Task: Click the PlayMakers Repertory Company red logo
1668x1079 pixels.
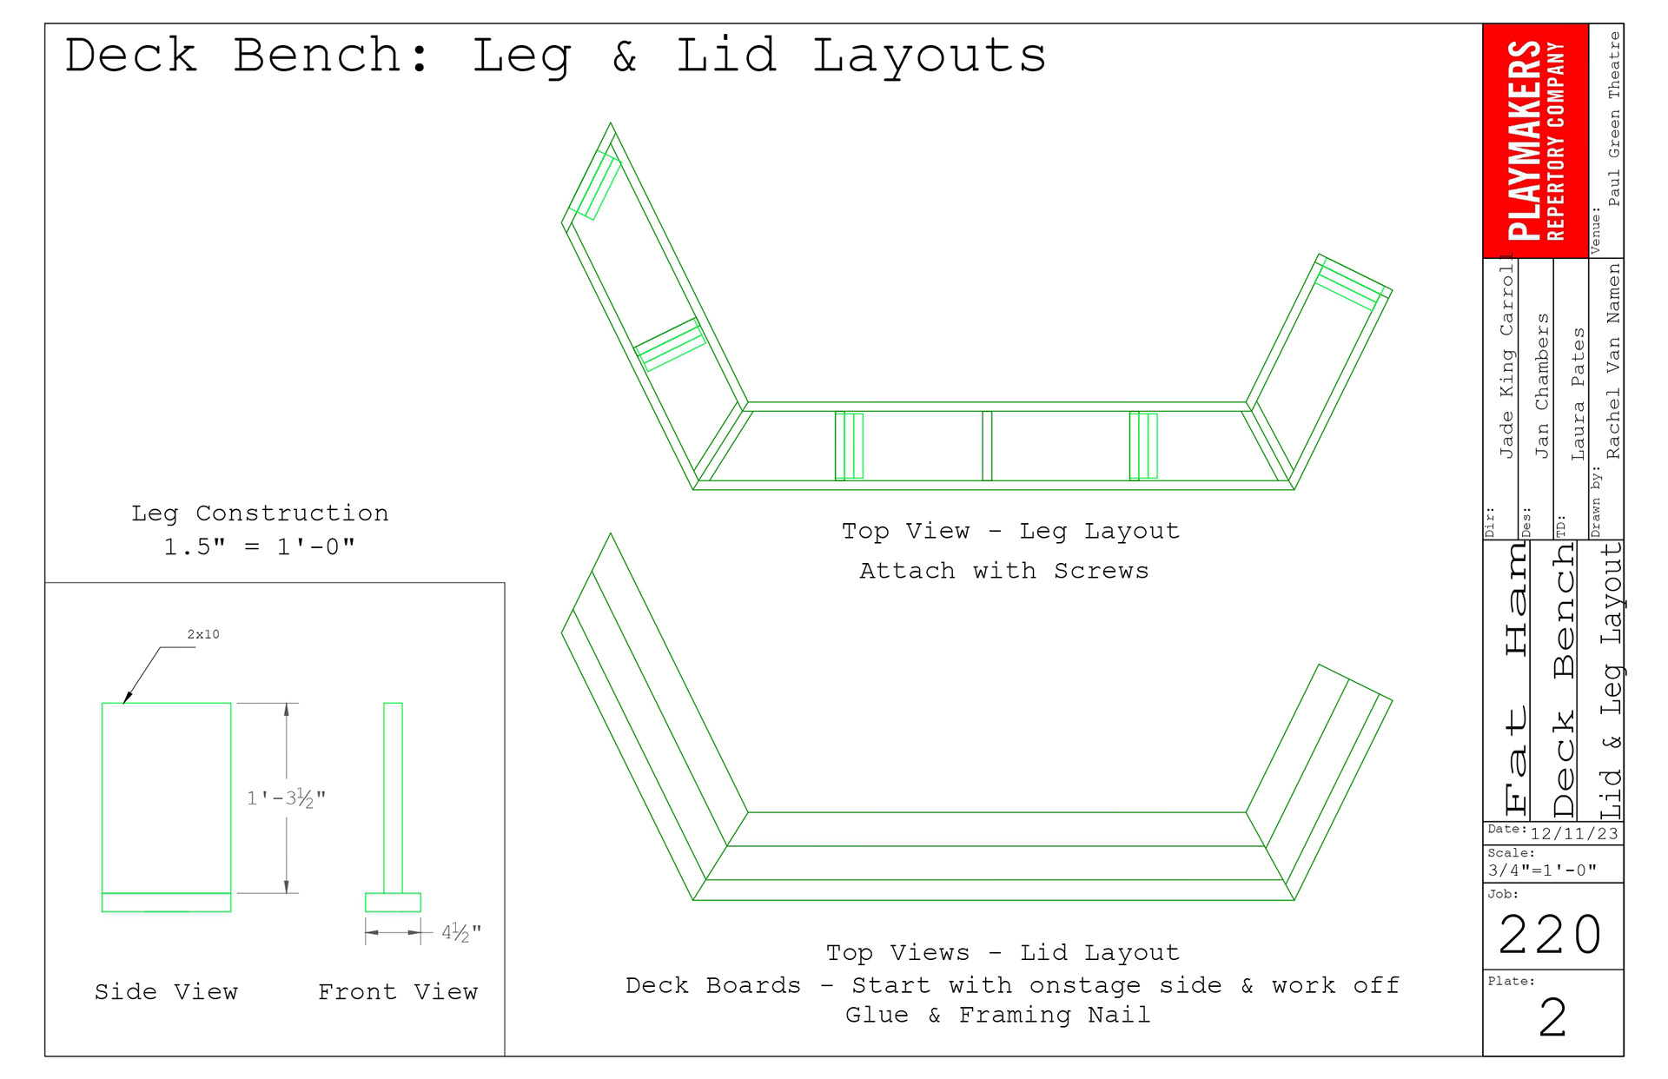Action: (x=1535, y=141)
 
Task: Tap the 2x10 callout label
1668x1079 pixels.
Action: (x=203, y=635)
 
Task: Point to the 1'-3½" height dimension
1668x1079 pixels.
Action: (x=286, y=798)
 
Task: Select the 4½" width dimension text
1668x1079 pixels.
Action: (x=460, y=933)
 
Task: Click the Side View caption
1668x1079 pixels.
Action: (x=166, y=992)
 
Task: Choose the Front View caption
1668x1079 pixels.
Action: (x=398, y=992)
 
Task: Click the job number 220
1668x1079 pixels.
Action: (x=1551, y=935)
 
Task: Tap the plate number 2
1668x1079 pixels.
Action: (x=1552, y=1017)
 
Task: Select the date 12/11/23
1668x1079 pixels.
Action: (x=1574, y=834)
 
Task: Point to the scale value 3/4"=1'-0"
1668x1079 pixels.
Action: (x=1542, y=870)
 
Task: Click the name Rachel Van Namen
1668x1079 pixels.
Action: (x=1613, y=361)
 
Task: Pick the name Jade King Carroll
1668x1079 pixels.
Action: (x=1507, y=361)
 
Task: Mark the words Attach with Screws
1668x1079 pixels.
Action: (x=1003, y=571)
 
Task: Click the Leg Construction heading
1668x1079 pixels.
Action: (x=260, y=513)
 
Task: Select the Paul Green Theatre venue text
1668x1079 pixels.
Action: (x=1614, y=119)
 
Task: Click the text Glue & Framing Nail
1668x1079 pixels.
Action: (x=998, y=1015)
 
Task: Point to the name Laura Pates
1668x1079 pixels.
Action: (x=1579, y=394)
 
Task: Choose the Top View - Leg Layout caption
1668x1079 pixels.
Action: (x=1010, y=531)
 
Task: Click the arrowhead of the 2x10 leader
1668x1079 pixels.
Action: (x=127, y=698)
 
